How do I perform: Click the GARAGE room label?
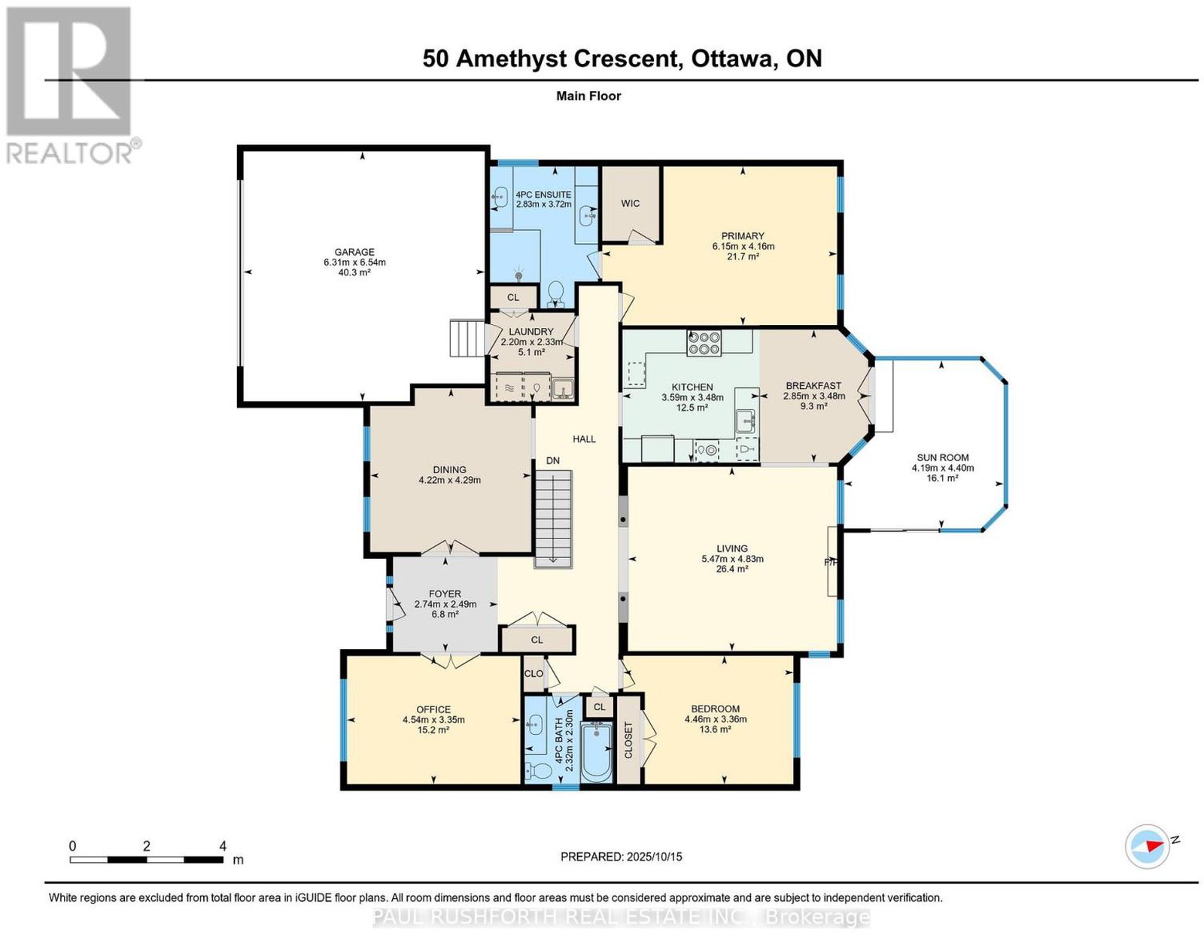[354, 252]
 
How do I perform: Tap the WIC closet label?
[630, 203]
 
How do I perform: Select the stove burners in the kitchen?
[704, 343]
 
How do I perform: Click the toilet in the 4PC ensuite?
[555, 294]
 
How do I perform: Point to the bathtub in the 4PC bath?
[597, 751]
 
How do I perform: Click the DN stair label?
[552, 460]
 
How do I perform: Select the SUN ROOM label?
[942, 457]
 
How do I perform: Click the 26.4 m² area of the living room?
[732, 569]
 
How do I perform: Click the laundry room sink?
[564, 387]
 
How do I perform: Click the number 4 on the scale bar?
[223, 846]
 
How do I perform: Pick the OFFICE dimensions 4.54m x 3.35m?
[433, 720]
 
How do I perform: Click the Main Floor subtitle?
[588, 96]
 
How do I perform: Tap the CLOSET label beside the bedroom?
[628, 740]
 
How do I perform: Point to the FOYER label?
[445, 594]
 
